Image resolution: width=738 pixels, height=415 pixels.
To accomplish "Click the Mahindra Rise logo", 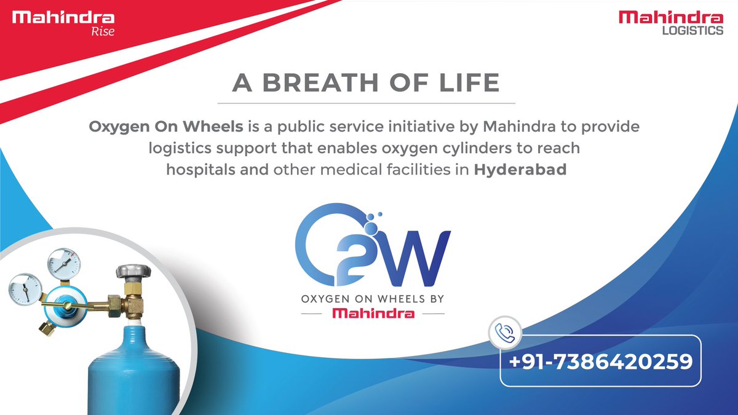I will click(63, 23).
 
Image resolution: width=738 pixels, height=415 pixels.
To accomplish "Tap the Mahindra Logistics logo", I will click(671, 23).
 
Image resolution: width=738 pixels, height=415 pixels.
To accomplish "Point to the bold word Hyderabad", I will click(520, 170).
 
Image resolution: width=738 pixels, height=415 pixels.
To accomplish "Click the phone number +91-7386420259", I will click(600, 361).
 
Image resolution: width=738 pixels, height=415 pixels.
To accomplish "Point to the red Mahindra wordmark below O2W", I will click(373, 314).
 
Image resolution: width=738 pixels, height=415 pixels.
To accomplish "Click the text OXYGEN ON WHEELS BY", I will click(373, 299).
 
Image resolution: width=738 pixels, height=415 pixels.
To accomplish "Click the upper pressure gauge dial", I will click(64, 263).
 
